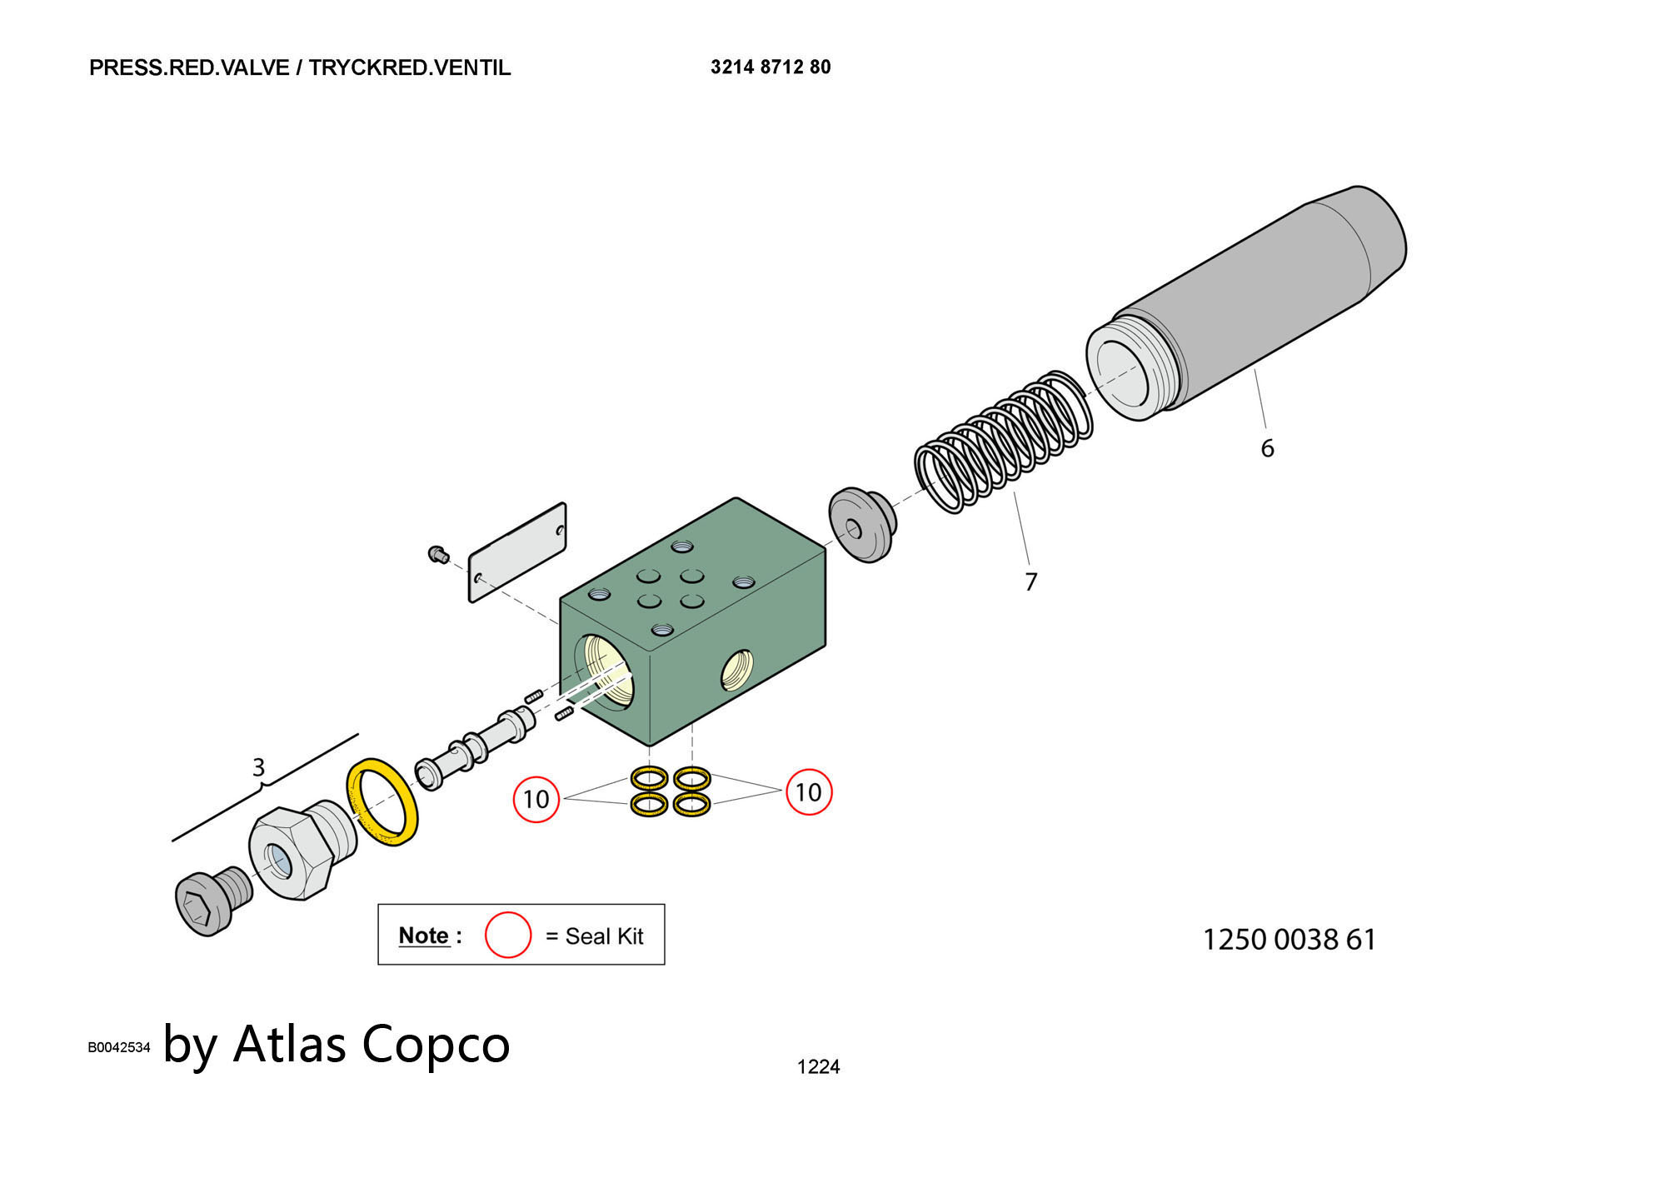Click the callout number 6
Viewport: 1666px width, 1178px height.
(1266, 448)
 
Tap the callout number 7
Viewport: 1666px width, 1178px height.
(1030, 582)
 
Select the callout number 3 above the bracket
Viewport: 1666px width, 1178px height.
(258, 766)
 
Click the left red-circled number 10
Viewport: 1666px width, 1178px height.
(535, 799)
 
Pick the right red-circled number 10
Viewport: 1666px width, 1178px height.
(808, 791)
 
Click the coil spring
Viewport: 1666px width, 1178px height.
(1003, 442)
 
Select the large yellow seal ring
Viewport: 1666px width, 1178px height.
(382, 801)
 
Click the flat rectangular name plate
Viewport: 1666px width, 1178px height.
(517, 552)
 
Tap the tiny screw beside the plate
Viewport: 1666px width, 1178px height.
(438, 553)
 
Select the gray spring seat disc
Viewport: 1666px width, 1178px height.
(862, 526)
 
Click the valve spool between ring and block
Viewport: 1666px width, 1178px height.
(475, 746)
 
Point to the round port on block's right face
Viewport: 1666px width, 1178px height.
(736, 671)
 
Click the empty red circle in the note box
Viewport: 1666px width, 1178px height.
(507, 935)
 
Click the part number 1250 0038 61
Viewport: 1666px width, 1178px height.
(1289, 940)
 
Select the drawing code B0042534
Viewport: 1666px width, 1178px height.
(119, 1047)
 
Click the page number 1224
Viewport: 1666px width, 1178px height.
(818, 1066)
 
